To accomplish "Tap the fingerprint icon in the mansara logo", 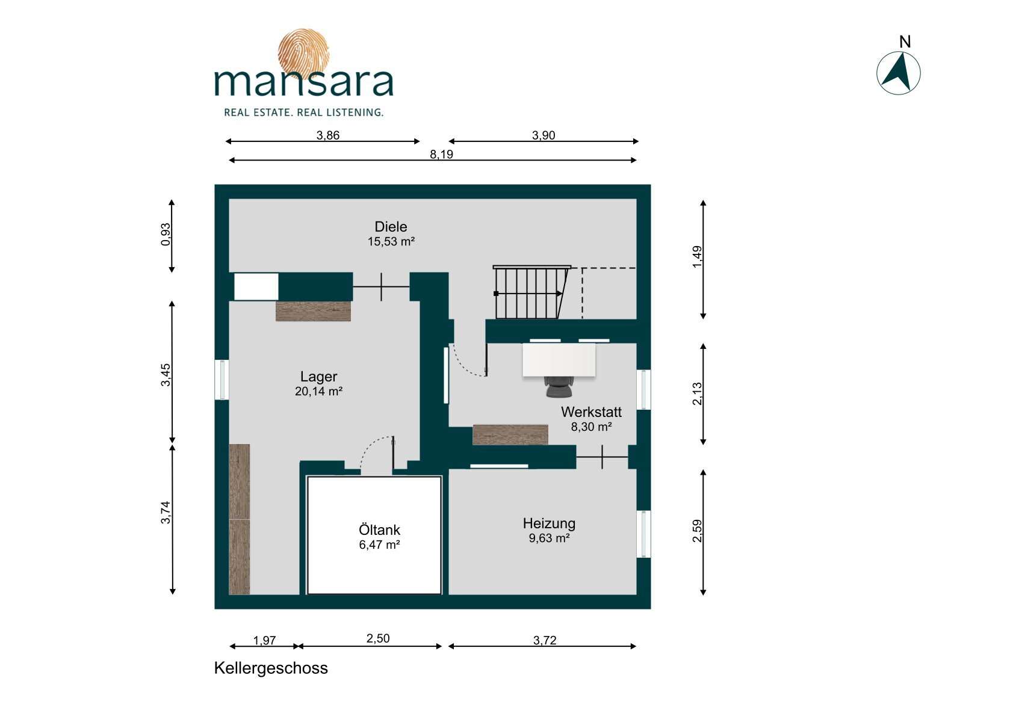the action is click(303, 54).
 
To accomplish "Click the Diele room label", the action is click(391, 226).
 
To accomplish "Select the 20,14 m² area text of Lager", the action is click(318, 391).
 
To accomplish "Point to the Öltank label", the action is click(379, 529).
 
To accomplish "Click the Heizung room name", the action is click(549, 523).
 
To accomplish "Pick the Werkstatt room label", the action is click(591, 412).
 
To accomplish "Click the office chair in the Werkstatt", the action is click(559, 386).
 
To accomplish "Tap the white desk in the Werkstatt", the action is click(559, 360).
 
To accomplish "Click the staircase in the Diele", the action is click(531, 292).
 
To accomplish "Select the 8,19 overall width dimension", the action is click(441, 154).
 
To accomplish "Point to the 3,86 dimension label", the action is click(327, 135).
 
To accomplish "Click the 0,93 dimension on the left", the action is click(166, 235).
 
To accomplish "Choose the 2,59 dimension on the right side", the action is click(698, 531).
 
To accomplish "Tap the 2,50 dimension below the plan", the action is click(377, 638).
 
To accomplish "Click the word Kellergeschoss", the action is click(271, 668).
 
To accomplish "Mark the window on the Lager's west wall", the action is click(221, 380).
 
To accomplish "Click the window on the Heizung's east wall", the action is click(643, 534).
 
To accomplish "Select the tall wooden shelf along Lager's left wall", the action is click(239, 519).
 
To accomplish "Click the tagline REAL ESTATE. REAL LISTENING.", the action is click(303, 112).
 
